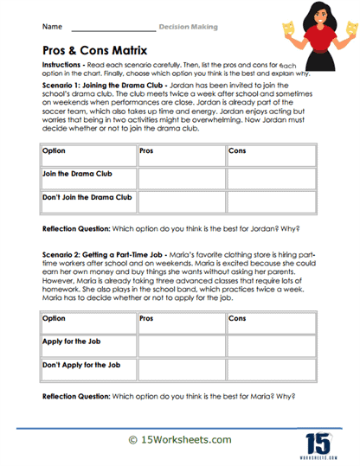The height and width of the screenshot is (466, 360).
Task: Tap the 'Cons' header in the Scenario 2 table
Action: (237, 319)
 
